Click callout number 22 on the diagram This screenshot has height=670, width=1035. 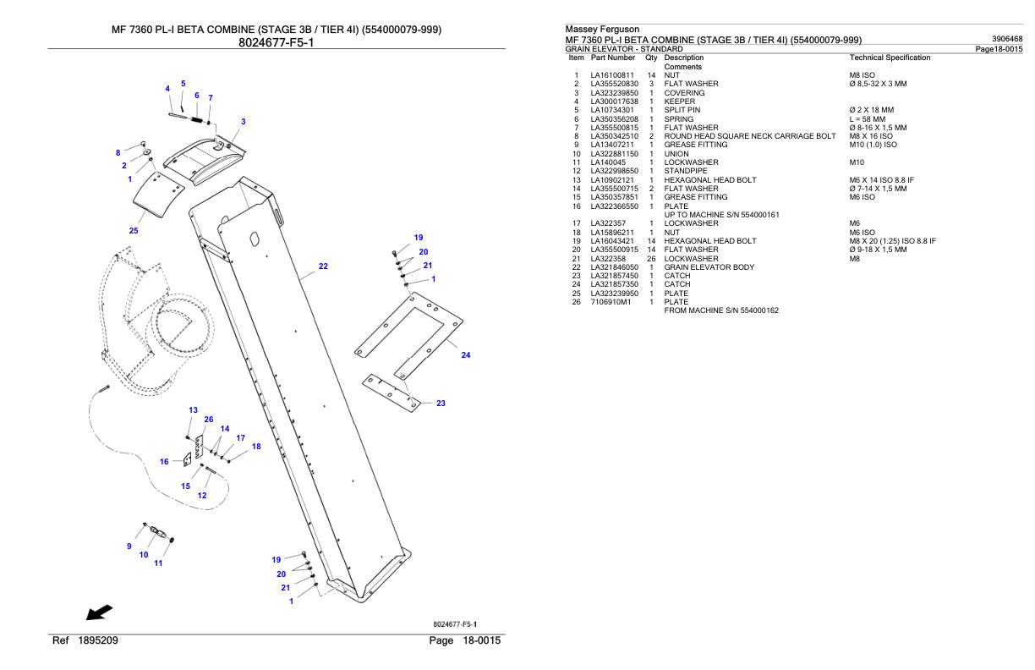(x=323, y=266)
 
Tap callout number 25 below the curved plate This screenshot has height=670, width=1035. (x=134, y=231)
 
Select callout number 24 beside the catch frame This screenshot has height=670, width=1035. (x=465, y=355)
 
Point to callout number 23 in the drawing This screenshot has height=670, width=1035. (x=441, y=404)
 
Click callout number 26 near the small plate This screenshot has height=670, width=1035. (x=209, y=420)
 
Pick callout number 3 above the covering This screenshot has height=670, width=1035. (x=244, y=122)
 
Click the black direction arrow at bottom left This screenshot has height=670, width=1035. (x=99, y=612)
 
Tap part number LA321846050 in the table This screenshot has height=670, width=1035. (x=614, y=267)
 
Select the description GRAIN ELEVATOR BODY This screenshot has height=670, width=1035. (x=709, y=267)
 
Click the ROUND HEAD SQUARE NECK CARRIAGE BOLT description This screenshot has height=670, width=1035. (x=749, y=136)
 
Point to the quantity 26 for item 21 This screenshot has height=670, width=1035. (x=651, y=259)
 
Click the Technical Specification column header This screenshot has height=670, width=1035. (x=890, y=58)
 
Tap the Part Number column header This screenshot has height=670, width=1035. (x=613, y=58)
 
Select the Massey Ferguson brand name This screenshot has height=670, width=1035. (x=602, y=29)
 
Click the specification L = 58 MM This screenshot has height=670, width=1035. (x=868, y=119)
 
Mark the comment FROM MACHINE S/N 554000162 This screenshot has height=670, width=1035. (x=720, y=310)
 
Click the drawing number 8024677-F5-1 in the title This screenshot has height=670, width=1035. (x=276, y=43)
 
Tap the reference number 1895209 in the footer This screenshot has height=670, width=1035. (x=98, y=640)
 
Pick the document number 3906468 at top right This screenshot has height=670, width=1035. (x=1007, y=39)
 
